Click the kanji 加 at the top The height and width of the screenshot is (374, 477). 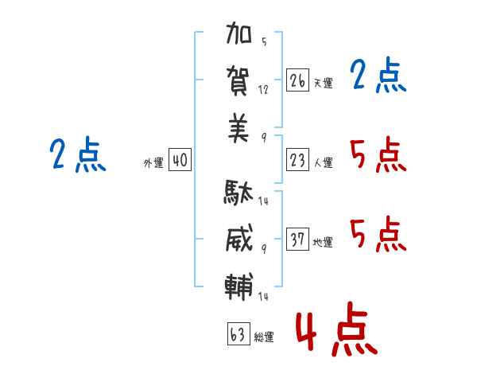click(238, 36)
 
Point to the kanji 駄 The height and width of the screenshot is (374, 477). click(238, 193)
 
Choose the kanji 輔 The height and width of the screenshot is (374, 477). click(238, 285)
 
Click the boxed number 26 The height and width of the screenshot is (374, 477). click(297, 80)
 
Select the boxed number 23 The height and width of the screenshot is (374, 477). click(297, 160)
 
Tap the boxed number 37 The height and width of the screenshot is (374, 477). click(297, 240)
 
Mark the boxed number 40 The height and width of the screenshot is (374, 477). click(180, 161)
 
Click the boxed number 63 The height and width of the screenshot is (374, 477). click(238, 334)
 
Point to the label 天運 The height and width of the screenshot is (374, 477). click(323, 83)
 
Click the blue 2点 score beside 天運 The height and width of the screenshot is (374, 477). click(378, 76)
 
